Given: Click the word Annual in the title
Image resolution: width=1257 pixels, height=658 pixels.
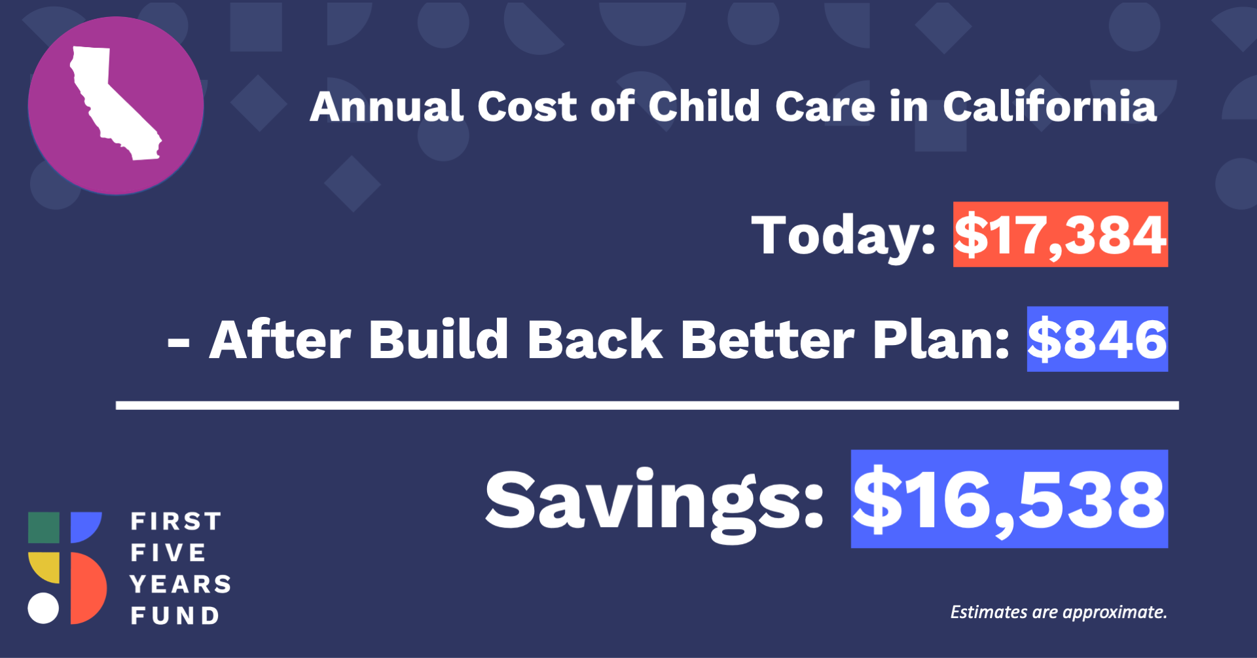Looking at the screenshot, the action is coord(386,106).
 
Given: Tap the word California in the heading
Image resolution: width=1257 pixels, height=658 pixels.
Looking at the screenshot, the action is coord(1049,106).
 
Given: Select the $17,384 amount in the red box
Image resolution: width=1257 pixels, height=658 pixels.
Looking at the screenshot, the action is coord(1060,235).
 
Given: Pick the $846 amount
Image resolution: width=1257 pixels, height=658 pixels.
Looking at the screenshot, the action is coord(1097,339).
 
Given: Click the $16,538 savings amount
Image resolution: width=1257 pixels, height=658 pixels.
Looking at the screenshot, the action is coord(1009,499).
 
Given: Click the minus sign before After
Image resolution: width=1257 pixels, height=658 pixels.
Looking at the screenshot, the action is coord(179,342).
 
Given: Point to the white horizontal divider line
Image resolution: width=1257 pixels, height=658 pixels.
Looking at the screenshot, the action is coord(647,406).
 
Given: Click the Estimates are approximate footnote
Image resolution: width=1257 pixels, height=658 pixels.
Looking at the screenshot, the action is coord(1059,612).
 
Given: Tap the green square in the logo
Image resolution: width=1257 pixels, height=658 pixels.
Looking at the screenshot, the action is coord(44,528).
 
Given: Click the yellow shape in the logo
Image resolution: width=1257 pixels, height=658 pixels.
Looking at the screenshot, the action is coord(44,568).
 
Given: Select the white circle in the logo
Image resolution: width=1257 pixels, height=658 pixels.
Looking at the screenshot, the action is coord(43,608).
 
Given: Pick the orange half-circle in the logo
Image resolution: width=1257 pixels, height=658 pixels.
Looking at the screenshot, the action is coord(89,588).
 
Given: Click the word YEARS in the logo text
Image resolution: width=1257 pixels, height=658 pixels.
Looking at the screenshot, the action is coord(181,584).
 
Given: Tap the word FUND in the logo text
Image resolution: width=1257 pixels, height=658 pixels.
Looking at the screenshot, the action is coord(175,615).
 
